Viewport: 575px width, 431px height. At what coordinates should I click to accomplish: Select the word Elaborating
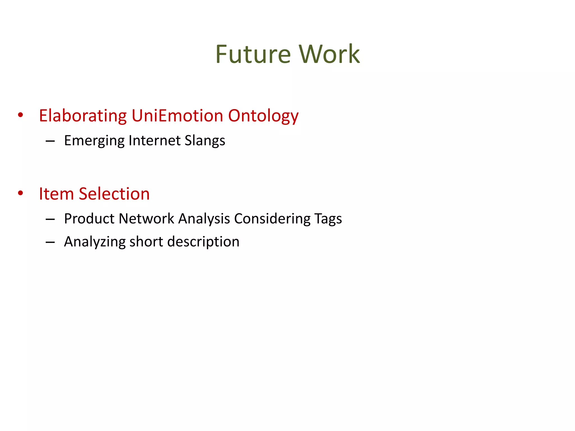coord(83,116)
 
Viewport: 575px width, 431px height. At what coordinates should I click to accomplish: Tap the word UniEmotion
coord(177,116)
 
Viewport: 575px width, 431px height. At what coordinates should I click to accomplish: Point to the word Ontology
coord(263,116)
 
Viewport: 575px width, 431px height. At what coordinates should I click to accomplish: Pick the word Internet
coord(154,140)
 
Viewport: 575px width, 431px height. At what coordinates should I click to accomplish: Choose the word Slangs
coord(205,141)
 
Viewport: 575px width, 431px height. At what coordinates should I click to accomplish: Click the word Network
coord(146,219)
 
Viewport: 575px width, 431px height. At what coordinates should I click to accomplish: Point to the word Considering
coord(272,219)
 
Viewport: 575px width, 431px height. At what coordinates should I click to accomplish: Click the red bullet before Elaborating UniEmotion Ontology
coord(20,115)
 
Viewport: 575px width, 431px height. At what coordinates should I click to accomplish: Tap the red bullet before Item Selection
coord(20,193)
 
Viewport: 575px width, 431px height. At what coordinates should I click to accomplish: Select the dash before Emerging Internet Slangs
coord(50,141)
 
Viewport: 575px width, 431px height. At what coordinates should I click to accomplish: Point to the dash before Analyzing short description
coord(50,242)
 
